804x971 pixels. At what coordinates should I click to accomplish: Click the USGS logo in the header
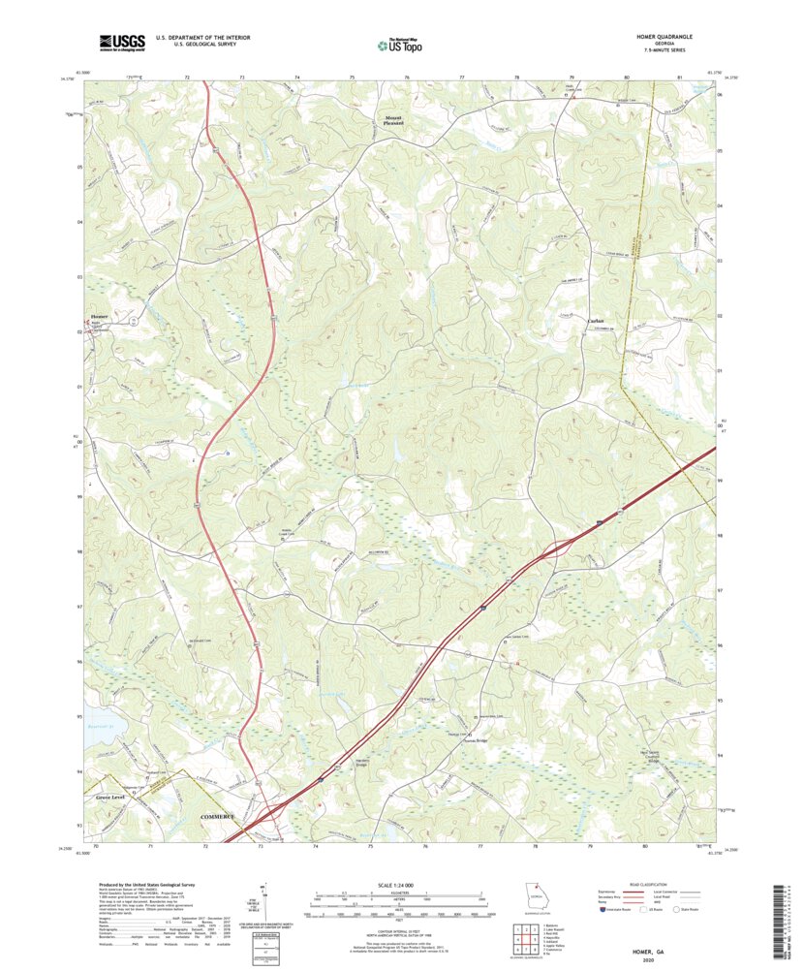pyautogui.click(x=120, y=42)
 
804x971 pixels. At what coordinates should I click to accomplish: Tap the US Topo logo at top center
pyautogui.click(x=401, y=43)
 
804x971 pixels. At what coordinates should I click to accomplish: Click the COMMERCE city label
pyautogui.click(x=218, y=817)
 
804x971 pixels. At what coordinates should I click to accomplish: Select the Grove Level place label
pyautogui.click(x=111, y=797)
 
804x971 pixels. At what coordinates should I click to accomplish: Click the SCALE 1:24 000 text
pyautogui.click(x=398, y=886)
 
